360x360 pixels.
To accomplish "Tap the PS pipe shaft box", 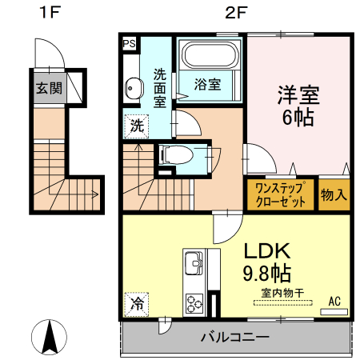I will coord(129,45).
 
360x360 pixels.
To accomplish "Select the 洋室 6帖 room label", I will coord(298,105).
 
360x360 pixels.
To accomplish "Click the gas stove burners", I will coord(194,303).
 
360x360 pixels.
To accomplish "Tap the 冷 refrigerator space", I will coord(137,304).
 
